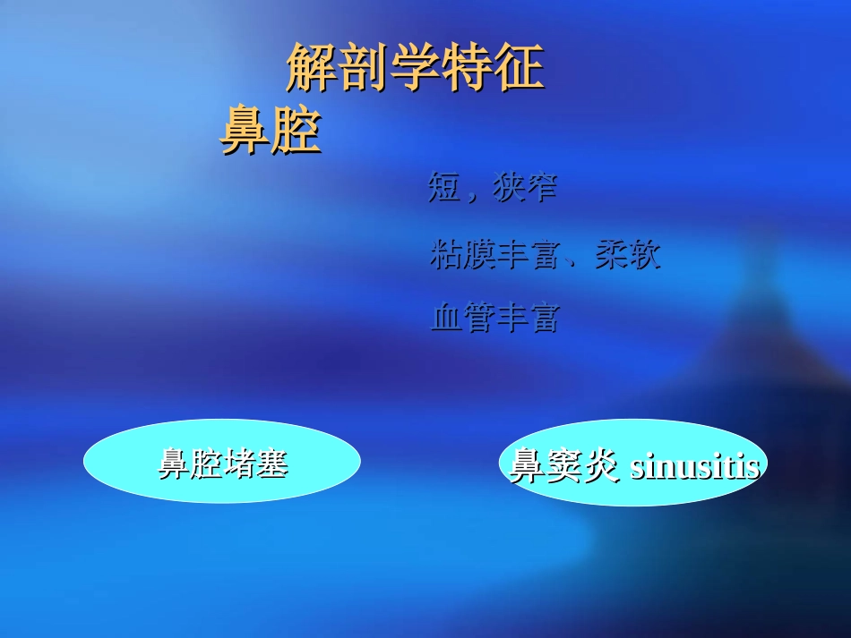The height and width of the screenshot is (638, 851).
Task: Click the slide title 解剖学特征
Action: (x=415, y=69)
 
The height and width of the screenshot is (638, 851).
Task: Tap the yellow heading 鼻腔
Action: (x=271, y=132)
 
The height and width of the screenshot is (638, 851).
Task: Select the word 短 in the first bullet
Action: (x=444, y=189)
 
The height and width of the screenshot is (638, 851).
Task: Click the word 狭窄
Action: (x=526, y=189)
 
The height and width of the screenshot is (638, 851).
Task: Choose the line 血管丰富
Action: (x=494, y=318)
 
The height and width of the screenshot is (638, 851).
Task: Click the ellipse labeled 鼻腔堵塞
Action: (x=222, y=462)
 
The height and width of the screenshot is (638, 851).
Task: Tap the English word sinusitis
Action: (x=695, y=466)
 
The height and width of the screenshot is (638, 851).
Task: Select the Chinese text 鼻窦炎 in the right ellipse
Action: (x=564, y=466)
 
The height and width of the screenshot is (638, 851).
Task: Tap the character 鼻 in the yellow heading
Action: (x=245, y=132)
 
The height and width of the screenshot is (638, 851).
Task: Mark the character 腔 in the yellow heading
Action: (x=297, y=132)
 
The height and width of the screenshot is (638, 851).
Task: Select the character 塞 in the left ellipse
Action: (x=271, y=464)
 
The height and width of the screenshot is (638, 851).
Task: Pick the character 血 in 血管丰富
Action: (x=446, y=318)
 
